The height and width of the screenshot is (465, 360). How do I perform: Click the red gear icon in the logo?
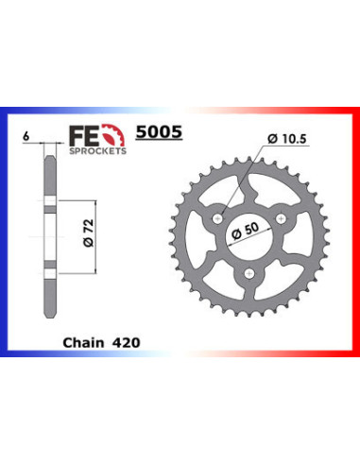point(111,134)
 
